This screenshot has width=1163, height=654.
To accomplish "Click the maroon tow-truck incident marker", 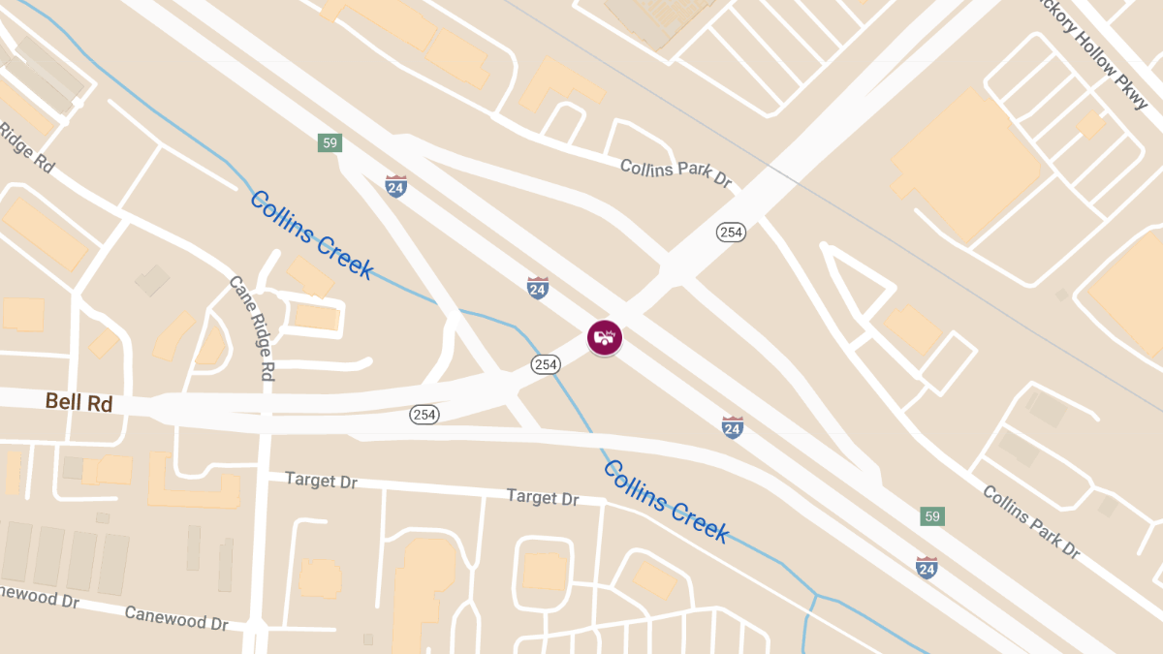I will click(x=605, y=337).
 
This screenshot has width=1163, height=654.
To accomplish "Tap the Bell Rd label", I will click(x=79, y=403).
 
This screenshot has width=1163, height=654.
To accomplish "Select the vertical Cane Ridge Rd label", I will click(x=251, y=328).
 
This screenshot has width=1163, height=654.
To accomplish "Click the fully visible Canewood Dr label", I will click(x=175, y=617).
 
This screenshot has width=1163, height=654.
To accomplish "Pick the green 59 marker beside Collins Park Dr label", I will click(x=932, y=516).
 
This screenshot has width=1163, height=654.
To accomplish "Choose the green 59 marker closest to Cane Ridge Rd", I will click(x=330, y=143).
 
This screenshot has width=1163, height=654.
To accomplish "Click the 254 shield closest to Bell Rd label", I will click(x=424, y=415).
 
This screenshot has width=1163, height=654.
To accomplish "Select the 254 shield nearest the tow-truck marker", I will click(x=546, y=364).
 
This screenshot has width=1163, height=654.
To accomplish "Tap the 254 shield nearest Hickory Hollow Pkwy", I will click(x=731, y=233).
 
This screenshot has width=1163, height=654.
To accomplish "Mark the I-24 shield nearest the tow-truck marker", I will click(x=538, y=287).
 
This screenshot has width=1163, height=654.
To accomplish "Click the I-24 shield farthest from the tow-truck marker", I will click(x=927, y=567).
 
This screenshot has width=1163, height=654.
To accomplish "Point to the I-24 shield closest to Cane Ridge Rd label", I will click(x=395, y=186).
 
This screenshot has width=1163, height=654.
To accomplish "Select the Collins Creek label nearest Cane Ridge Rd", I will click(x=311, y=234).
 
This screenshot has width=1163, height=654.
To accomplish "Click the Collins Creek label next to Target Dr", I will click(x=666, y=501).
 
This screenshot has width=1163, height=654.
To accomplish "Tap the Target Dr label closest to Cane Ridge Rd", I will click(x=321, y=481).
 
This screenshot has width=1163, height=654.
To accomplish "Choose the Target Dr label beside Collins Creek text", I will click(x=543, y=498).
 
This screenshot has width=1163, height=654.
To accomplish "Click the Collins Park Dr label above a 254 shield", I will click(x=676, y=173).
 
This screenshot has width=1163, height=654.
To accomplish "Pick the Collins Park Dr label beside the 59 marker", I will click(x=1031, y=521).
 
